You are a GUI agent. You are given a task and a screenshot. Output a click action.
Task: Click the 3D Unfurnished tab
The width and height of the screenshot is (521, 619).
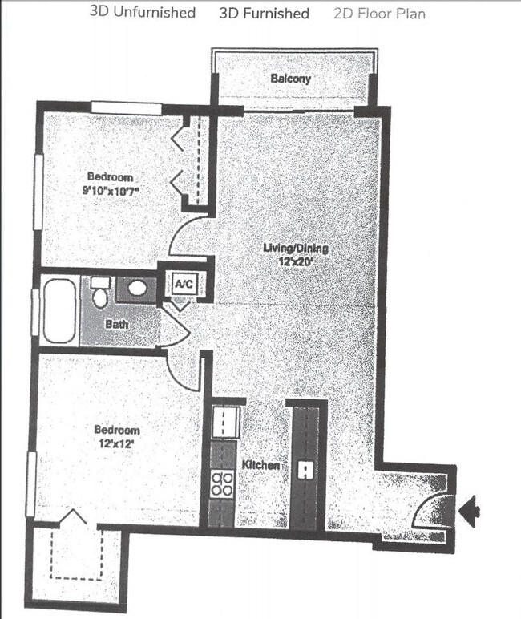[143, 13]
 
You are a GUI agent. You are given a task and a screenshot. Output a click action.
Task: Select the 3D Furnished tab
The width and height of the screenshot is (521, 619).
[264, 13]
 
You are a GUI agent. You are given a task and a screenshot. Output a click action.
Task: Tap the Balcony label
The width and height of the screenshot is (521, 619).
[290, 79]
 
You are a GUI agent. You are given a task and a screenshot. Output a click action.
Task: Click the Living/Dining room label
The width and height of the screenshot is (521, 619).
[296, 249]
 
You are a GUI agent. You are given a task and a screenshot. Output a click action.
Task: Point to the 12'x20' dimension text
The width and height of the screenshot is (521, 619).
[296, 261]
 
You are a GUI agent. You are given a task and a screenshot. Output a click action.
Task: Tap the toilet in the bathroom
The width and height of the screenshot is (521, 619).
[100, 293]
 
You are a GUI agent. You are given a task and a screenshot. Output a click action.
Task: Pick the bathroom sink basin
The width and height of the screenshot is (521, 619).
[138, 287]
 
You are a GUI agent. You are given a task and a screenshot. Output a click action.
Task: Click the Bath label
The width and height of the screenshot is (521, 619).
[116, 325]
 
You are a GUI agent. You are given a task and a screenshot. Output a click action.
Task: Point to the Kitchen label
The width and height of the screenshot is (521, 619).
[260, 466]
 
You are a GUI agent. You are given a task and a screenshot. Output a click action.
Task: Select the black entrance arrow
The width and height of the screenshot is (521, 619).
[472, 507]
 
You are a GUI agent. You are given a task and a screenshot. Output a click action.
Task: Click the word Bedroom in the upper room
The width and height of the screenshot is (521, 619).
[111, 177]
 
